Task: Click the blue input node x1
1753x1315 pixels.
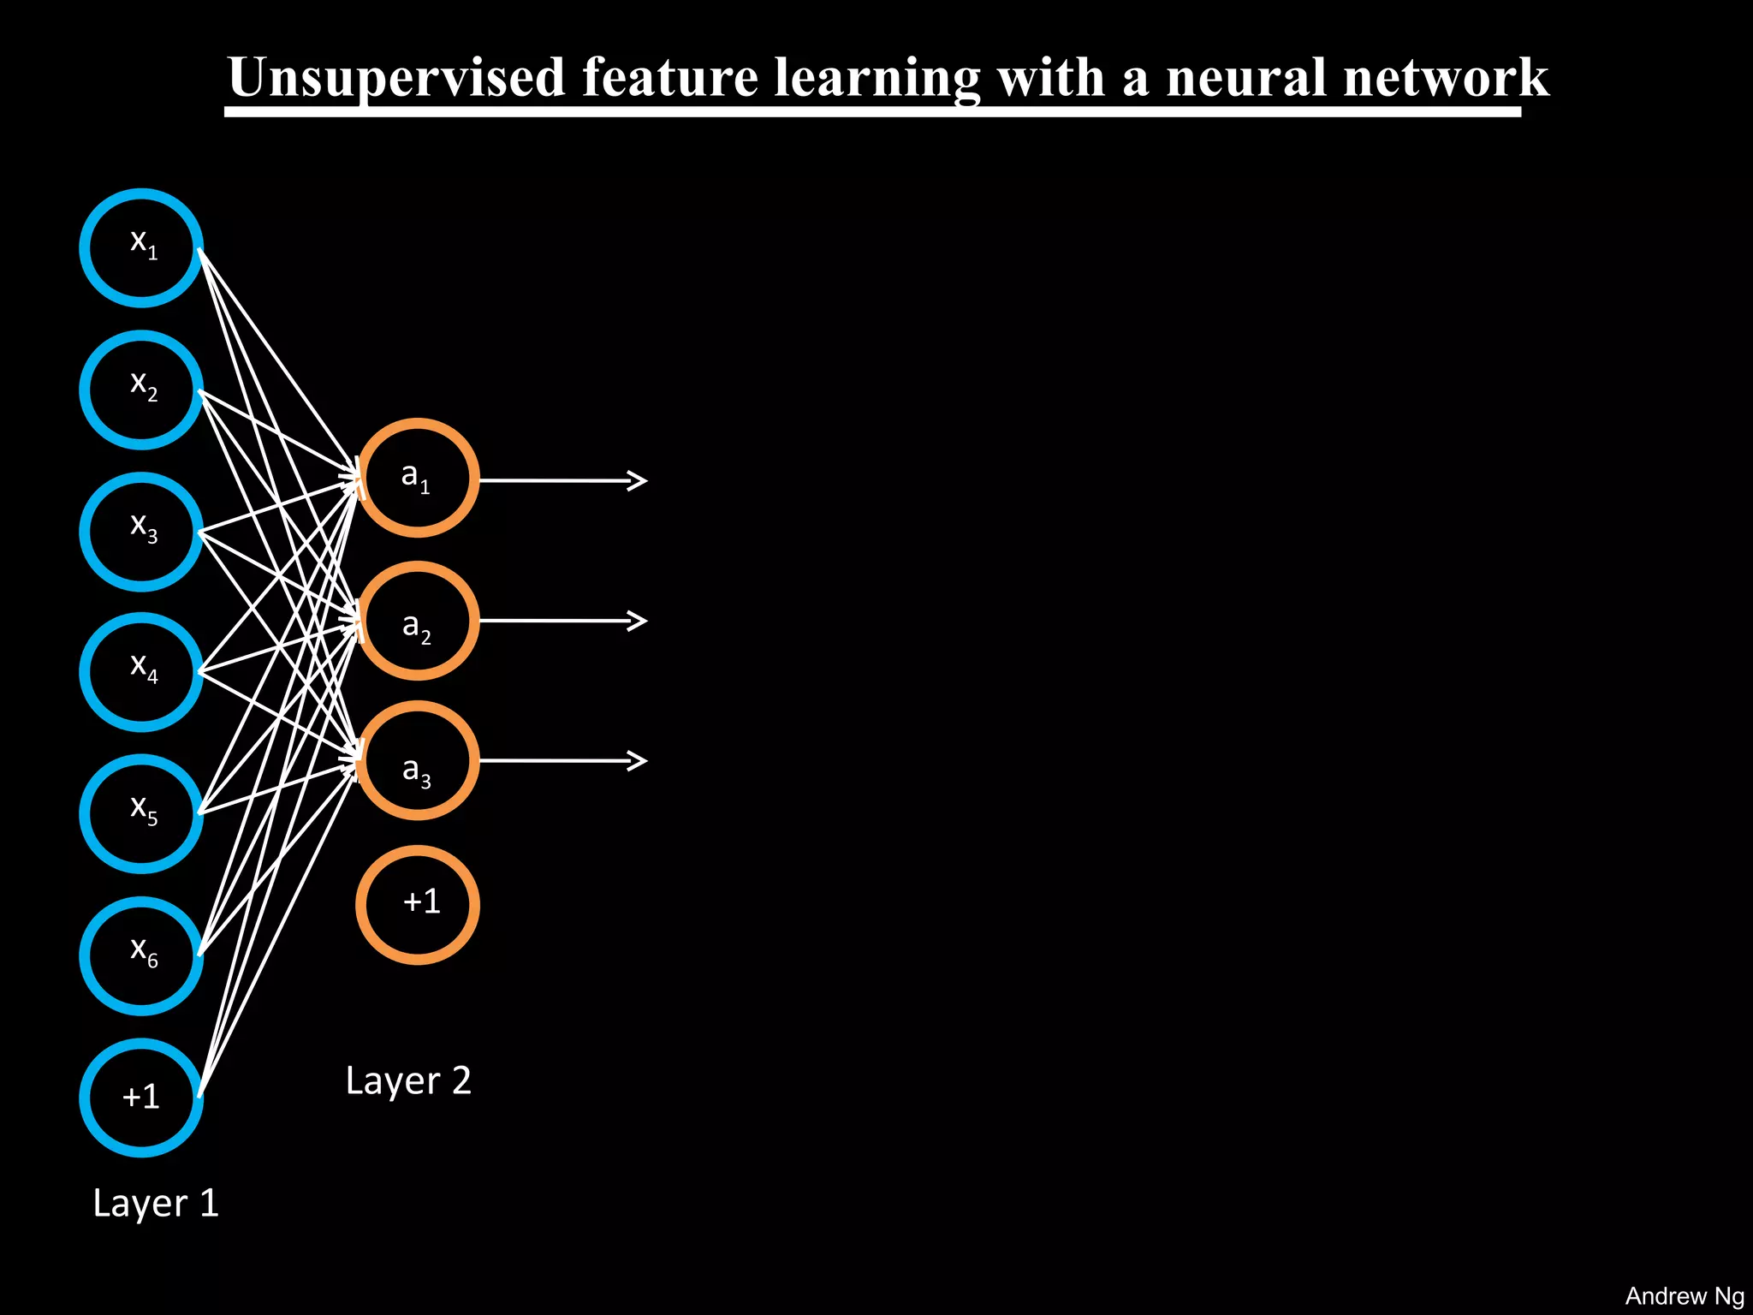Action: (x=141, y=247)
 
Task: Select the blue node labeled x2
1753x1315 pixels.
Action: (x=141, y=390)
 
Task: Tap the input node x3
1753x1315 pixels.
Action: (x=141, y=532)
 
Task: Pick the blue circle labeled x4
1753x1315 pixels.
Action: (x=141, y=672)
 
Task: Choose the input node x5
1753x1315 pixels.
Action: (x=141, y=813)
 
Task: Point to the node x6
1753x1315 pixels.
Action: (x=141, y=955)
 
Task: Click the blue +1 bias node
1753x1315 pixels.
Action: (x=141, y=1098)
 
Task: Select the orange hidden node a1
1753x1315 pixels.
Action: (x=417, y=478)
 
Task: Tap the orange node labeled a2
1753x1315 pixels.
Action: (x=417, y=621)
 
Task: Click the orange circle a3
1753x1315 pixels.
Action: (x=417, y=760)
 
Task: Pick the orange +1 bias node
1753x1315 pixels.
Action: (x=417, y=905)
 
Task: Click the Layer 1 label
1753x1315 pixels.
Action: (x=156, y=1204)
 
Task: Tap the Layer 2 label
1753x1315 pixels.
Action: (x=408, y=1081)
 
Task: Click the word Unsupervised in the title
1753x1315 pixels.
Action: (x=396, y=79)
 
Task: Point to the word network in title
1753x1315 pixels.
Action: (x=1446, y=79)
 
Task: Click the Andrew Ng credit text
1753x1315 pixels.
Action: (x=1684, y=1296)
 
